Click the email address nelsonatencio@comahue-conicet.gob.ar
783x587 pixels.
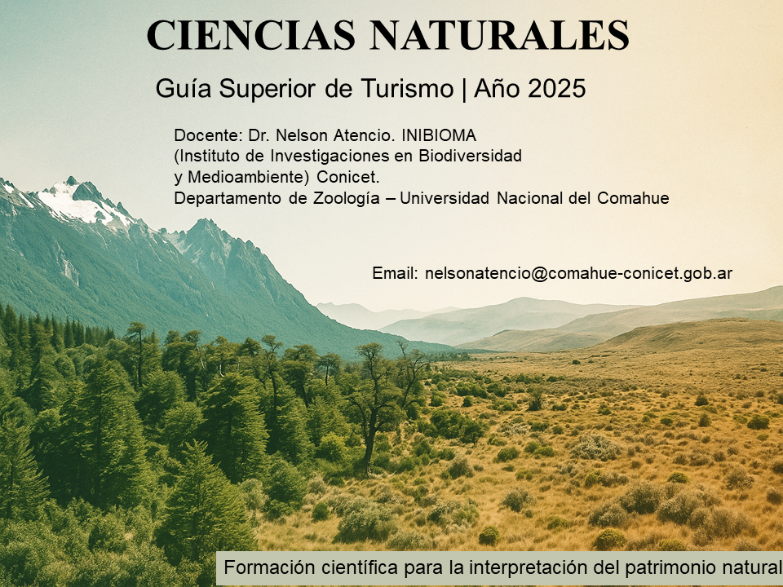578,273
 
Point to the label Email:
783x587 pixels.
395,273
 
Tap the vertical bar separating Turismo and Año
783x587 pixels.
463,89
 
